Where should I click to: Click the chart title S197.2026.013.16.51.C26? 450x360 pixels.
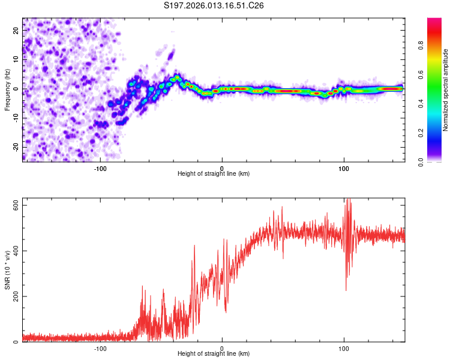(x=214, y=5)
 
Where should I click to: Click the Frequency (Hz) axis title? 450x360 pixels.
(x=7, y=90)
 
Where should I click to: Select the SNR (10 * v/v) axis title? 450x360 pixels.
(x=7, y=270)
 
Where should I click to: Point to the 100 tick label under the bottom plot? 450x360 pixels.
(x=344, y=348)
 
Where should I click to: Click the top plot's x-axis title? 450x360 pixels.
(x=214, y=174)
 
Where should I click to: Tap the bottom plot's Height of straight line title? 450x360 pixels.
(x=214, y=354)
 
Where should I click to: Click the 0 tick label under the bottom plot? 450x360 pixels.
(x=222, y=348)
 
